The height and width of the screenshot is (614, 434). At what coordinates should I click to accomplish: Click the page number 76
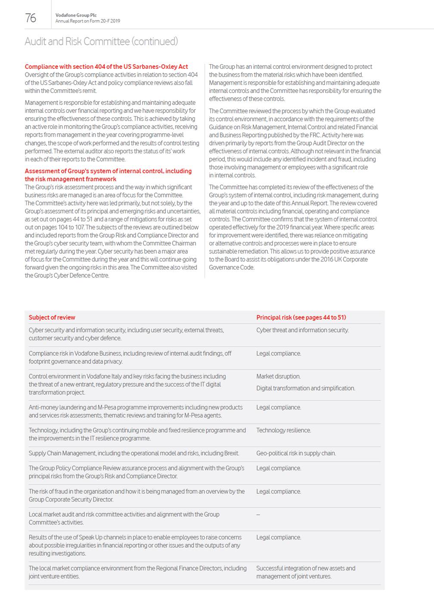(x=31, y=18)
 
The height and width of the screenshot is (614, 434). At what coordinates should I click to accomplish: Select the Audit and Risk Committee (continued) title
(x=101, y=41)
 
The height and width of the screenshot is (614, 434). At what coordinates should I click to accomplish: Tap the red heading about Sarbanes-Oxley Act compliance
(x=106, y=67)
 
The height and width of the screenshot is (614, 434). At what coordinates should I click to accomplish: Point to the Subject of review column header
(x=52, y=317)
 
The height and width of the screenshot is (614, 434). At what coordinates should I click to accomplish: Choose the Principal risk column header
(x=301, y=317)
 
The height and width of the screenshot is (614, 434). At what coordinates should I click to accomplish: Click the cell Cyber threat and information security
(x=302, y=330)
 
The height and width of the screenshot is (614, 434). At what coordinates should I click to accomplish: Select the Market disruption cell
(x=278, y=376)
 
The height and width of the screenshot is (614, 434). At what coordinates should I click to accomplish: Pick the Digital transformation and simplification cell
(x=305, y=388)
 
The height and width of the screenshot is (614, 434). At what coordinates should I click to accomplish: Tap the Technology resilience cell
(x=283, y=430)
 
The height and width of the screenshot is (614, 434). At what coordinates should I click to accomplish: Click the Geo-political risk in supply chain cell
(x=296, y=453)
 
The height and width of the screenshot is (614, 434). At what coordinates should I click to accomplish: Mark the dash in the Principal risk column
(x=258, y=515)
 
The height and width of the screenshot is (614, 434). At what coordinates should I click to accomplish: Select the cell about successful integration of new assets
(x=305, y=572)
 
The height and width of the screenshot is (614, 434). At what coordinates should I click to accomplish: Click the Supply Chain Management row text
(x=133, y=453)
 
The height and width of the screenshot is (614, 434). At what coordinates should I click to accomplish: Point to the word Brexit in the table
(x=231, y=453)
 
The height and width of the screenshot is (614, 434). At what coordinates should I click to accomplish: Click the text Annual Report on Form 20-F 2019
(x=87, y=21)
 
